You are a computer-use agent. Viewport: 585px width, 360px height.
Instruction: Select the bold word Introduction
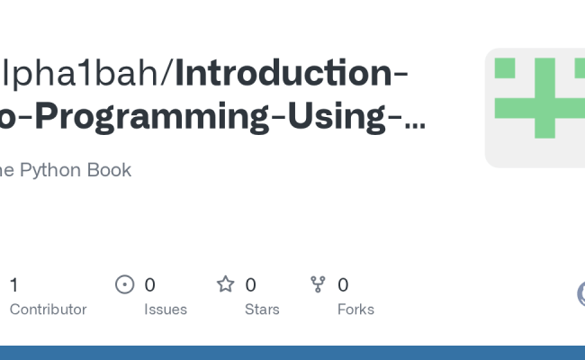tap(283, 74)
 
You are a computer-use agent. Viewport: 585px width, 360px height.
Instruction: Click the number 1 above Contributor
tap(13, 285)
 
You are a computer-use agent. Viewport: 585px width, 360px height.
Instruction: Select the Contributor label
tap(48, 310)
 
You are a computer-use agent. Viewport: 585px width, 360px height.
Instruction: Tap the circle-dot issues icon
tap(125, 285)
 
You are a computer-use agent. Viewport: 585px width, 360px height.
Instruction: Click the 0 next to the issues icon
tap(149, 285)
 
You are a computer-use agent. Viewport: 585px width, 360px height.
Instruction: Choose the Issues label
tap(166, 310)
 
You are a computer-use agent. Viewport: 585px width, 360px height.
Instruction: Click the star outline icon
tap(225, 285)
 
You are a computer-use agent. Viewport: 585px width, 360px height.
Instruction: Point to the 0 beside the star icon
tap(250, 285)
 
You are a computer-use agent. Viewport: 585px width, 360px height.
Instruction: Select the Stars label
tap(262, 310)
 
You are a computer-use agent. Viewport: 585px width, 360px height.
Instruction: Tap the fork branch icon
tap(318, 285)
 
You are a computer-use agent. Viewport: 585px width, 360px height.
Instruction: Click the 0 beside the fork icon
tap(343, 285)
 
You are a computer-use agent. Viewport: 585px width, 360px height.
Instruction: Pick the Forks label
tap(355, 310)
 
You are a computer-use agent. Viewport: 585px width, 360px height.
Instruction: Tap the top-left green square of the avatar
tap(505, 68)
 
